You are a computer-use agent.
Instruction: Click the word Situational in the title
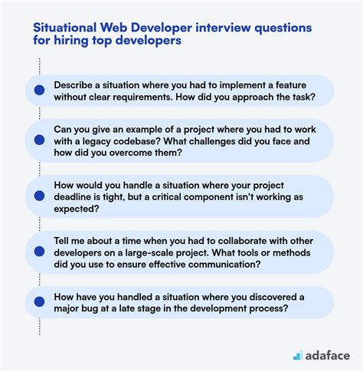click(64, 27)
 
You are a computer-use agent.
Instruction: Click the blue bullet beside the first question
click(39, 90)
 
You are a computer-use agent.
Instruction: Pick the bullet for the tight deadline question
click(39, 196)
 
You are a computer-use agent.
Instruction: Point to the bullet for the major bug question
click(39, 302)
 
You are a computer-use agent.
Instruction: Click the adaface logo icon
click(297, 354)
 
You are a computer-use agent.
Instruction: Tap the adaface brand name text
click(328, 354)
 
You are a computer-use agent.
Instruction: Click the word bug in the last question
click(97, 309)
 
